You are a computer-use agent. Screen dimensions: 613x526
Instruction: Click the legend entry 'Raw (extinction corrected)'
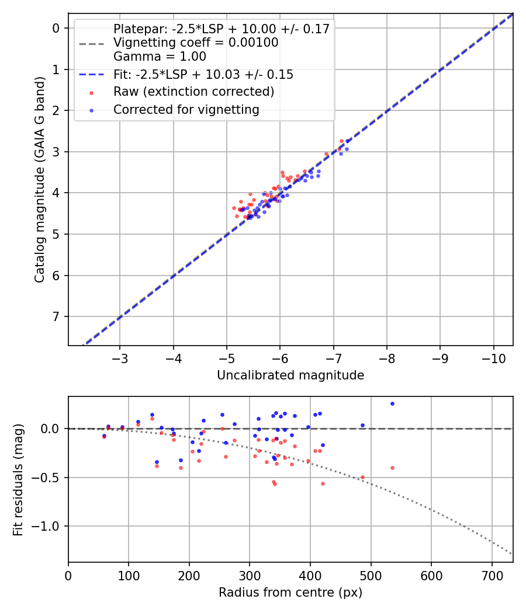click(x=193, y=92)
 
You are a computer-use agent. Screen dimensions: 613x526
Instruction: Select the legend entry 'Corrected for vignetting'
click(x=186, y=109)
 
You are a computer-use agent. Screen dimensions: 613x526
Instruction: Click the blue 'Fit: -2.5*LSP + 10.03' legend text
click(x=203, y=75)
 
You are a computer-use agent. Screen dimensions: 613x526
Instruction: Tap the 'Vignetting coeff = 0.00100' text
click(x=196, y=43)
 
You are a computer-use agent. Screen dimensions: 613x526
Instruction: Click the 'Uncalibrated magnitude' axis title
click(x=290, y=375)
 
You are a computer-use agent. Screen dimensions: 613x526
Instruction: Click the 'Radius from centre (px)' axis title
click(x=290, y=593)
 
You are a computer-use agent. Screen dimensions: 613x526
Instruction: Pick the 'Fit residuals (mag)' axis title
click(x=18, y=479)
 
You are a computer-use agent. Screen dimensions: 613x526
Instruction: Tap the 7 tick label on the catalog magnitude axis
click(x=57, y=316)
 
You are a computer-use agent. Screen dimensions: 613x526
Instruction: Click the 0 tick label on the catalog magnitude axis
click(x=57, y=28)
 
